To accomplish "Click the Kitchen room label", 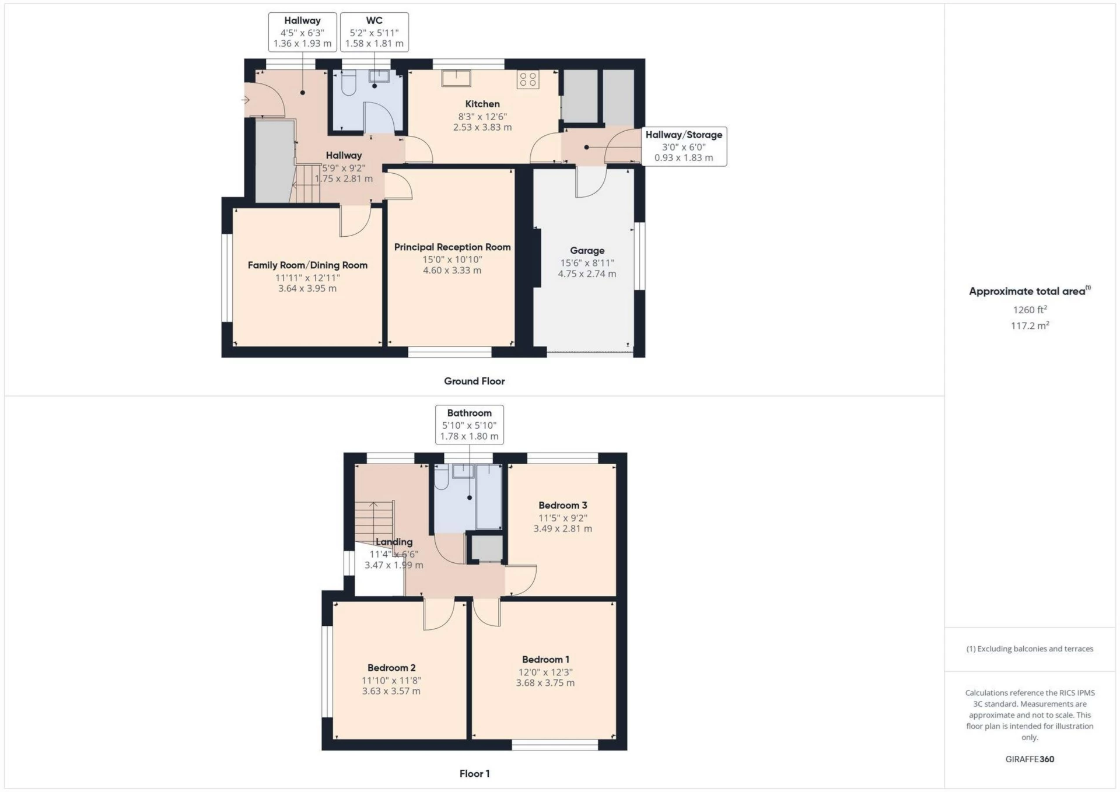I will tap(482, 104).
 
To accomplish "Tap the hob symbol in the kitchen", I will tap(528, 80).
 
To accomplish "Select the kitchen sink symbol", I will tap(456, 78).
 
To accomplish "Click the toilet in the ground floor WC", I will tap(348, 83).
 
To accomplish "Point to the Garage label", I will tap(587, 251).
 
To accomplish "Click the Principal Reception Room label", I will tap(452, 247).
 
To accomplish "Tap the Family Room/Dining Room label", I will tap(307, 265).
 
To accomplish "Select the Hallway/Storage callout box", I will tap(684, 146).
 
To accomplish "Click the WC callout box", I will tap(374, 32).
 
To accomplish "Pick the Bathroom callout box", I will tap(469, 425).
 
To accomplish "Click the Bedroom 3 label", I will tap(562, 506).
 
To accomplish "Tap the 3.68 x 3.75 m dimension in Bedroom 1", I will tap(545, 683).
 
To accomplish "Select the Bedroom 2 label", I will tap(391, 668).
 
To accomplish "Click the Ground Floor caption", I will tap(474, 381).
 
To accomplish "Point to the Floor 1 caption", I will tap(474, 774).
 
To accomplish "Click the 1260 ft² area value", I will tap(1030, 310).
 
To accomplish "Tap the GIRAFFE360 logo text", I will tap(1030, 759).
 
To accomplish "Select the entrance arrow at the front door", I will tap(246, 100).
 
